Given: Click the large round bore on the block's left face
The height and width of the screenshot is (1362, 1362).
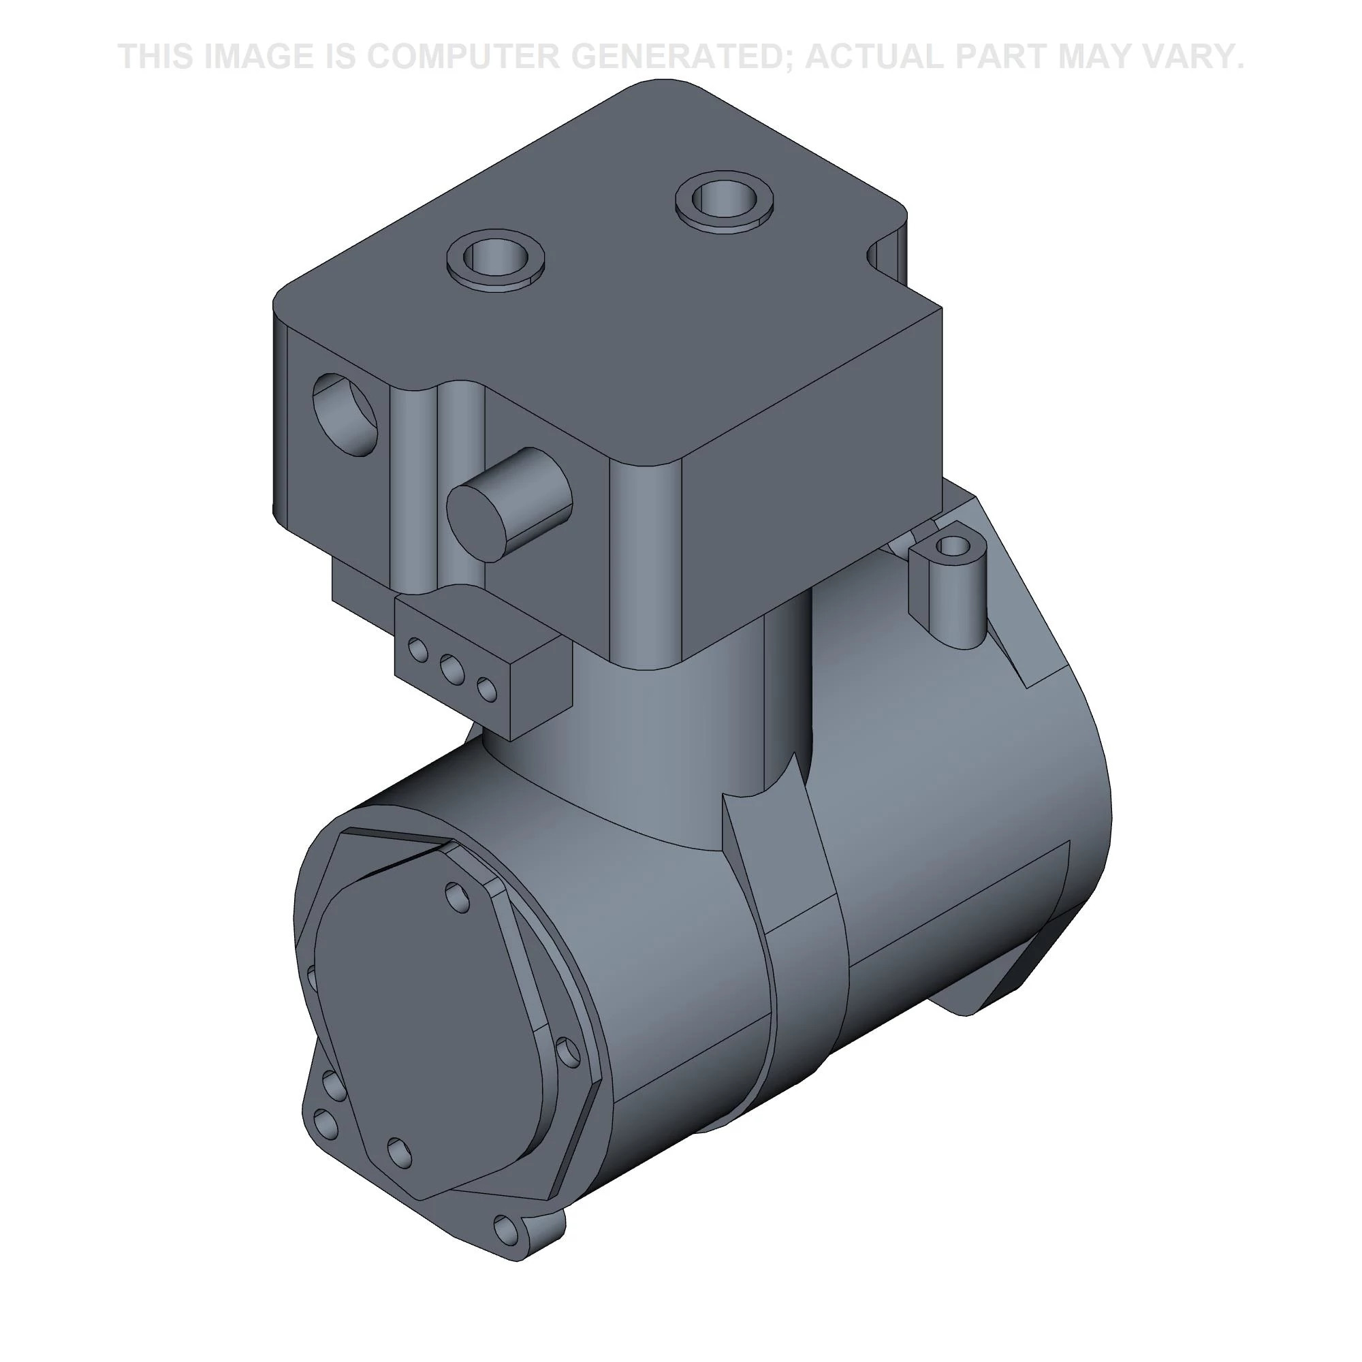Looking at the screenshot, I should pyautogui.click(x=345, y=415).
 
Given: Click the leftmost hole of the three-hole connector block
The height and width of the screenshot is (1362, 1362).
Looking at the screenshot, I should pyautogui.click(x=418, y=649).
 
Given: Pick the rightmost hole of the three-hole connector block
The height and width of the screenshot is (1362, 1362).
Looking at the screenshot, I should pyautogui.click(x=486, y=689).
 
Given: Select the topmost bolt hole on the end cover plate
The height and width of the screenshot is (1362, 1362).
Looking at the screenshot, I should pyautogui.click(x=458, y=898).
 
